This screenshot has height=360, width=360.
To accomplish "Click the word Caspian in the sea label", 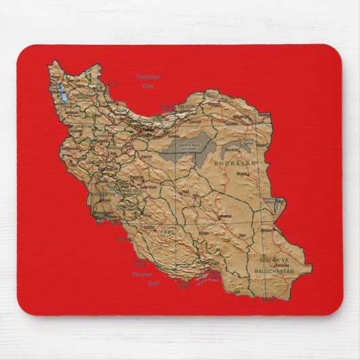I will (x=147, y=76).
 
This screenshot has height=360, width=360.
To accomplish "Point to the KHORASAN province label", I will (x=232, y=164).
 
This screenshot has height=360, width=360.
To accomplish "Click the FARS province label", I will (x=167, y=232).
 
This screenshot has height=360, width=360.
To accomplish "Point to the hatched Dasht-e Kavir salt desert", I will (x=187, y=147).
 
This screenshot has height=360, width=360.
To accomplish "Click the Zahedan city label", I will (x=277, y=230).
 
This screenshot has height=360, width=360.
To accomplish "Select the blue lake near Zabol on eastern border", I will (x=278, y=201).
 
